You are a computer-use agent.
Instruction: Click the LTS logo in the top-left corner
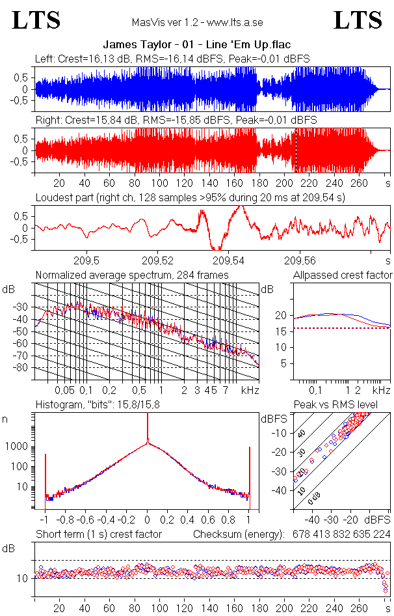pos(36,20)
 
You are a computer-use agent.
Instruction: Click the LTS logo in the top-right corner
pos(358,20)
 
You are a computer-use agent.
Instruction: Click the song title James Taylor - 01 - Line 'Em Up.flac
pos(196,44)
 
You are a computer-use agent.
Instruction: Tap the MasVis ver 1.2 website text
pos(197,22)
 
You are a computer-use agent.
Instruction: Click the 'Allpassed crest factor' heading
pos(342,275)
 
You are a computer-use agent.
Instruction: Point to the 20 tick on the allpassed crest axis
pos(281,315)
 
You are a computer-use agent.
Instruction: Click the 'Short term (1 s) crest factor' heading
pos(98,535)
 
